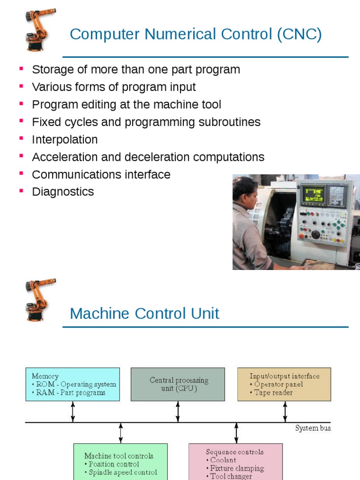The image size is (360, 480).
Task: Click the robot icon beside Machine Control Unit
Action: point(40,299)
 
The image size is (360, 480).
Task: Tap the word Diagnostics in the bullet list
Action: point(63,192)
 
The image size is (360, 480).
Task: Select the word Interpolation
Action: point(65,140)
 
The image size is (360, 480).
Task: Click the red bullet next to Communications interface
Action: point(21,174)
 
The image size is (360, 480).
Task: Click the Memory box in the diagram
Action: point(73,384)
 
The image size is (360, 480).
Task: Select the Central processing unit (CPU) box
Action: point(178,384)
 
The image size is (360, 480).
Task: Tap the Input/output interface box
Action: point(284,384)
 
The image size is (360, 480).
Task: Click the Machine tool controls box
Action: point(120,462)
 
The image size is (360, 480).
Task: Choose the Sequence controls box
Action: point(236,462)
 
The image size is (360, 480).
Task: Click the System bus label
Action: point(313,428)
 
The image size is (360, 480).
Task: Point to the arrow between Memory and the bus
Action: point(73,412)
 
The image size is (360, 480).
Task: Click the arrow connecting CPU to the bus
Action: point(178,412)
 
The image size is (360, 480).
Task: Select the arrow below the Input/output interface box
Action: point(285,412)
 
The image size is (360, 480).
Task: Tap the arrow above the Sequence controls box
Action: point(236,433)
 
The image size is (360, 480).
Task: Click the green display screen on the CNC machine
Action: point(313,194)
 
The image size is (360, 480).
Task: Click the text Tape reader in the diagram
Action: point(276,393)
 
